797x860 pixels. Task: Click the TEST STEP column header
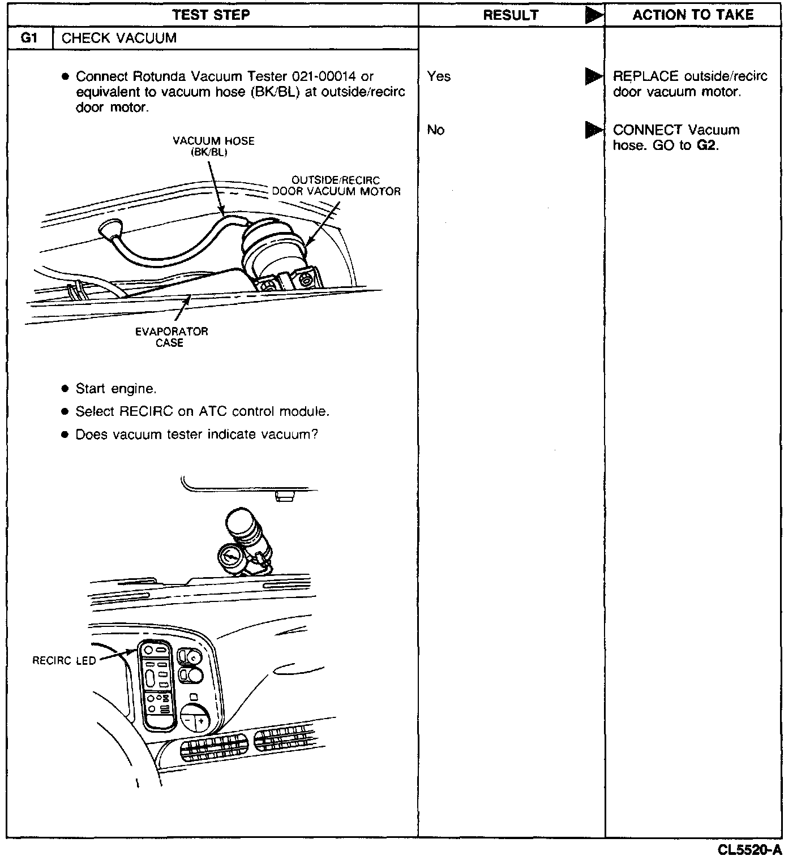point(211,15)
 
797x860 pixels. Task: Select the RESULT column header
point(511,15)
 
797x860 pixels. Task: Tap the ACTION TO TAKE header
point(693,15)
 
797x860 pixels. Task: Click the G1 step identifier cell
point(29,38)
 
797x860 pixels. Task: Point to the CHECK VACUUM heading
point(119,38)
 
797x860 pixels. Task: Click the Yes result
point(439,76)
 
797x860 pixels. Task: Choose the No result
point(435,130)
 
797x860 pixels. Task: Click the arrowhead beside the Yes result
point(594,76)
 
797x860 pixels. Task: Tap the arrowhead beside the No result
point(594,130)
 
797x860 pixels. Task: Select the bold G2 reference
point(707,145)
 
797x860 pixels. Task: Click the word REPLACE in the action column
point(645,76)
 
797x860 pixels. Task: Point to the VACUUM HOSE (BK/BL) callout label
point(213,146)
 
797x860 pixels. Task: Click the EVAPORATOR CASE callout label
point(171,337)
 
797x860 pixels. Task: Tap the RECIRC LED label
point(64,660)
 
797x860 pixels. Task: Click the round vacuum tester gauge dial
point(231,559)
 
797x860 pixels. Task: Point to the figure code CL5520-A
point(749,850)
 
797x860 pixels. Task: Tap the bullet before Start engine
point(65,389)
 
